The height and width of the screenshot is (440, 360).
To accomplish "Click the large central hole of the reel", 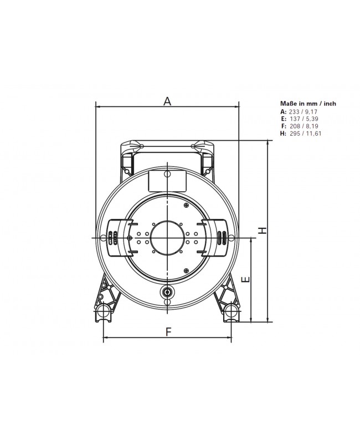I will click(167, 237).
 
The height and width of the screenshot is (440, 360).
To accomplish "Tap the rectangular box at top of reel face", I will click(167, 180).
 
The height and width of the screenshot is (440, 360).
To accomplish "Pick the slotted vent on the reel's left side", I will click(112, 237).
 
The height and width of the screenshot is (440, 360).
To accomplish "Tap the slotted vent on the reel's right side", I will click(222, 237).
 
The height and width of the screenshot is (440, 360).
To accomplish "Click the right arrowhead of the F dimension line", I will click(229, 337).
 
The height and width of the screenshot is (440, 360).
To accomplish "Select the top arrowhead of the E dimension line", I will click(253, 239).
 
